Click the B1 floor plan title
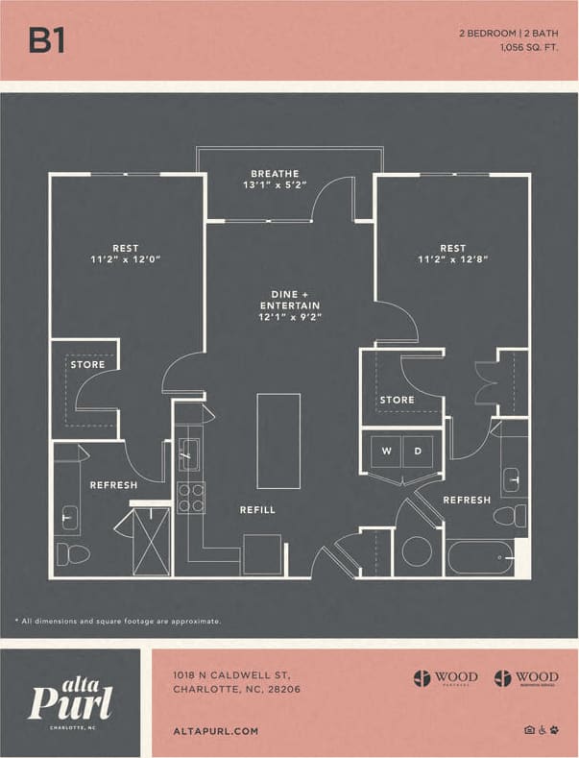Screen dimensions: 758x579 tap(46, 39)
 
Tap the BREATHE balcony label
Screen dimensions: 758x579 tap(275, 173)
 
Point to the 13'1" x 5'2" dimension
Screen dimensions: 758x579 tap(275, 185)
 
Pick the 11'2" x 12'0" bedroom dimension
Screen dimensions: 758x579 tap(126, 259)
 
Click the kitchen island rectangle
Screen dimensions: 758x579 tap(278, 441)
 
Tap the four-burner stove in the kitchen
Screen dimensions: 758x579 tap(191, 498)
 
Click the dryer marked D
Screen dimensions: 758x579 tap(418, 451)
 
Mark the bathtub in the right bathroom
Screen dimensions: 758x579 tap(479, 556)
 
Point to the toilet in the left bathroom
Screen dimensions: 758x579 tap(73, 553)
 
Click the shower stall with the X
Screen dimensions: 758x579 tap(151, 541)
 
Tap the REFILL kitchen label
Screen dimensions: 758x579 tap(257, 510)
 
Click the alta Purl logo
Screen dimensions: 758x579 tap(70, 702)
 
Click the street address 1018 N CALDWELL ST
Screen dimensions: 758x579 tap(229, 674)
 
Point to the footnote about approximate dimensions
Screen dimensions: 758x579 tap(117, 621)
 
